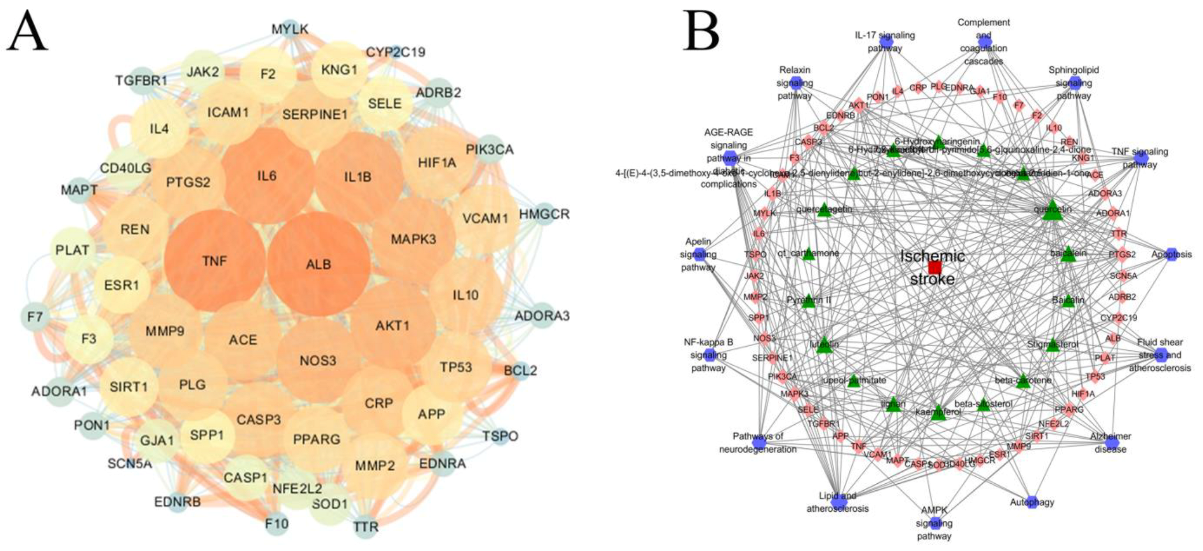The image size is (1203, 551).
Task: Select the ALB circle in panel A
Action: tap(319, 264)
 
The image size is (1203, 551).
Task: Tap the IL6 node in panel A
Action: tap(267, 175)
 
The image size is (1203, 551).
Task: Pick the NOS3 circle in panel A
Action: tap(318, 361)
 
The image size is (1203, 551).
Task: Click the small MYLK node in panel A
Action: tap(290, 29)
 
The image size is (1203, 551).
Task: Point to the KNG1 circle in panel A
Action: tap(340, 70)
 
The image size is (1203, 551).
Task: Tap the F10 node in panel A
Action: tap(277, 523)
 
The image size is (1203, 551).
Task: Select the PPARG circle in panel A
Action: tap(316, 440)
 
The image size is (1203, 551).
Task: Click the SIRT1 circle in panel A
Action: tap(128, 387)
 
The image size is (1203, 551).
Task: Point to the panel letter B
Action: tap(701, 30)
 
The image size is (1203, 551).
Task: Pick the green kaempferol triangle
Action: tap(939, 412)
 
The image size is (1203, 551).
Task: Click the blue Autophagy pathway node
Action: tap(1032, 502)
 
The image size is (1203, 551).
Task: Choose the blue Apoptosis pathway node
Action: tap(1172, 254)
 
